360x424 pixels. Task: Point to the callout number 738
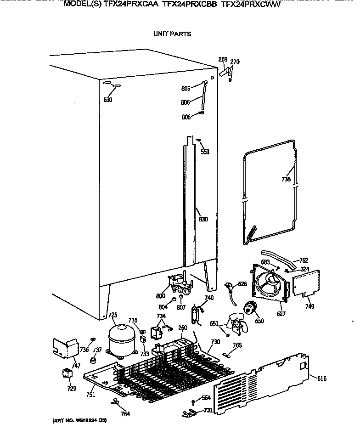tap(286, 180)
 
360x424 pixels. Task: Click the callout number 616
tap(321, 378)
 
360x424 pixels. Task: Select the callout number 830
tap(203, 219)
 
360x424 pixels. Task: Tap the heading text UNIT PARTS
tap(172, 34)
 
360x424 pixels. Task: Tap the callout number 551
tap(205, 152)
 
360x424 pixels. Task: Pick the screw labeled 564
tap(193, 403)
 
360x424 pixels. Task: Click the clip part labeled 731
tap(188, 413)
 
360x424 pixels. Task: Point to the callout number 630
tap(107, 100)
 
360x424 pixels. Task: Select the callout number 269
tap(223, 60)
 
